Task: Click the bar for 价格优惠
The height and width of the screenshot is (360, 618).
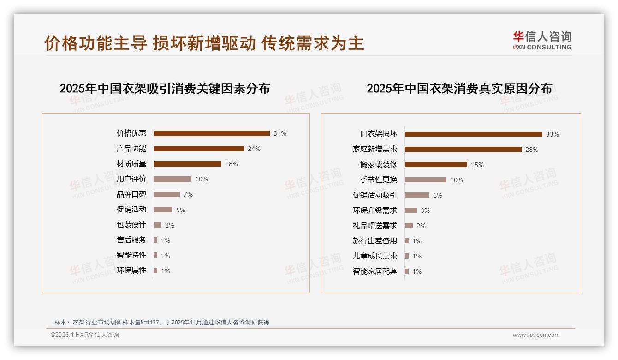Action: click(x=212, y=133)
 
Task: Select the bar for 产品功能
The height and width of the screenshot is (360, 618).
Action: click(x=199, y=149)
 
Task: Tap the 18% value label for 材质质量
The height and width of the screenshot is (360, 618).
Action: click(x=232, y=164)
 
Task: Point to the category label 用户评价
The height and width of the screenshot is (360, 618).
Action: click(x=131, y=179)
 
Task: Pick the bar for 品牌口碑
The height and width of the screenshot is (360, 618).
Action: click(x=167, y=194)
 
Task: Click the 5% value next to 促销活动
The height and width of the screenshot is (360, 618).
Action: click(x=181, y=210)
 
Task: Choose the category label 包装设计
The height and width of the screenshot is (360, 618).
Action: click(x=131, y=225)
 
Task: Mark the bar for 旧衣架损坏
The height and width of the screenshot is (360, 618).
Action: click(x=473, y=134)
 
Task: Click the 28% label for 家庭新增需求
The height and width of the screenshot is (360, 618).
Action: click(x=532, y=150)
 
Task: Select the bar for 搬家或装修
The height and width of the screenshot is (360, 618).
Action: click(x=436, y=164)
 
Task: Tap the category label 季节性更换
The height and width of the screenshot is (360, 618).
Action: click(x=379, y=180)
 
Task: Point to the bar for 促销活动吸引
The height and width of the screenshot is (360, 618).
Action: click(x=417, y=195)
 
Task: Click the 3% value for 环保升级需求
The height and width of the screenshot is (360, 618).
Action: click(x=425, y=210)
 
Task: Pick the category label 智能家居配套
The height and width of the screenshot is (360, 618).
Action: click(x=375, y=271)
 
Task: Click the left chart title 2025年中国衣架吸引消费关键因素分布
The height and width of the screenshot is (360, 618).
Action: click(x=165, y=89)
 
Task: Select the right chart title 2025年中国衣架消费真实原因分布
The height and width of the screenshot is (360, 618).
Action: click(x=459, y=89)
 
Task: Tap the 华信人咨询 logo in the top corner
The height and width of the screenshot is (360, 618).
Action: click(x=542, y=40)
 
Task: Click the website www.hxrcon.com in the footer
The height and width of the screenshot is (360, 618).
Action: click(x=536, y=335)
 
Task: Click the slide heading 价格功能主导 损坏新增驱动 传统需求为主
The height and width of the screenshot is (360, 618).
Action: click(x=204, y=43)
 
